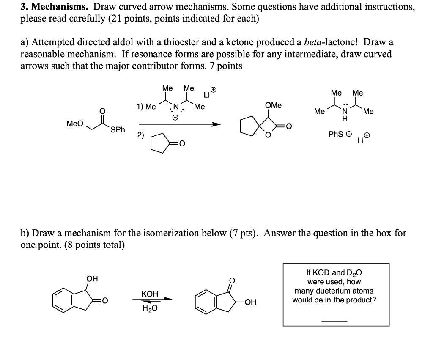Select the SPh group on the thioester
point(118,130)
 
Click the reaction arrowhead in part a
point(216,124)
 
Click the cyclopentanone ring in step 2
point(157,143)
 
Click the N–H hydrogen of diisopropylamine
point(345,119)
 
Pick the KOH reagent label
point(150,294)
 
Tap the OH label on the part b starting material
point(92,278)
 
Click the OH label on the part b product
point(250,302)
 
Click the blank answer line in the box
point(334,321)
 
